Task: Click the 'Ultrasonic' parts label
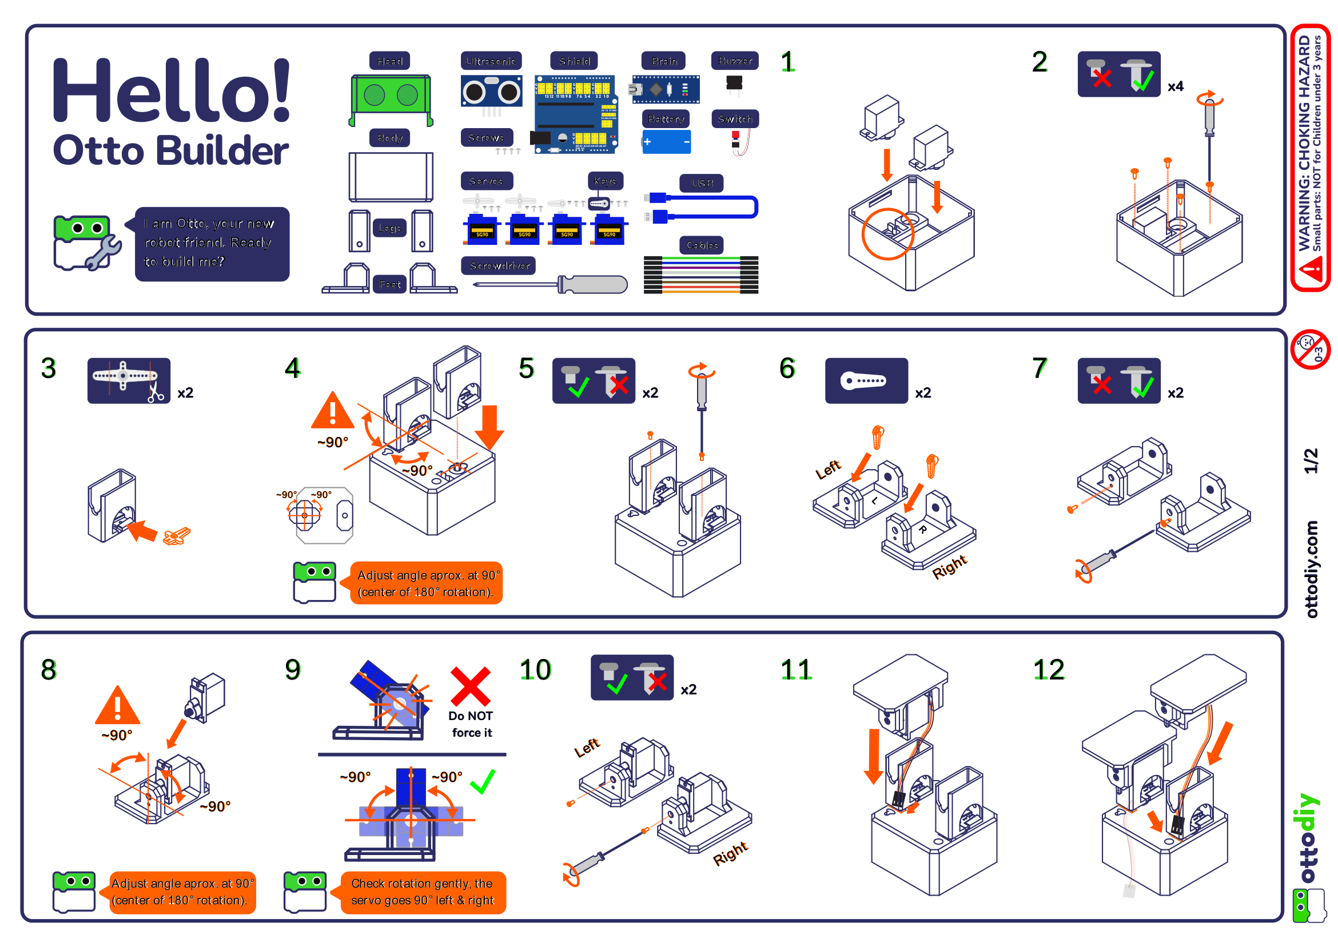pyautogui.click(x=491, y=61)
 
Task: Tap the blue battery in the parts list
pyautogui.click(x=666, y=142)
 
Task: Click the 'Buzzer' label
pyautogui.click(x=734, y=61)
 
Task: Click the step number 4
pyautogui.click(x=293, y=368)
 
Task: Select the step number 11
pyautogui.click(x=796, y=670)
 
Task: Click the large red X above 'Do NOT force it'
pyautogui.click(x=470, y=687)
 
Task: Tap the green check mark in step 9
pyautogui.click(x=483, y=781)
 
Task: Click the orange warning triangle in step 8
pyautogui.click(x=117, y=707)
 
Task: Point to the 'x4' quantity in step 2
pyautogui.click(x=1176, y=86)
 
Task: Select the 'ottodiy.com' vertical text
pyautogui.click(x=1311, y=569)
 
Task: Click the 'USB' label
pyautogui.click(x=702, y=183)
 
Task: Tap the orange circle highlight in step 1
pyautogui.click(x=888, y=233)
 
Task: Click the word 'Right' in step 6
pyautogui.click(x=949, y=567)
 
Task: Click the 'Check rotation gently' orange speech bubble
pyautogui.click(x=423, y=892)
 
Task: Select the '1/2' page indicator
pyautogui.click(x=1311, y=460)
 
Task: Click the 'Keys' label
pyautogui.click(x=605, y=181)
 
